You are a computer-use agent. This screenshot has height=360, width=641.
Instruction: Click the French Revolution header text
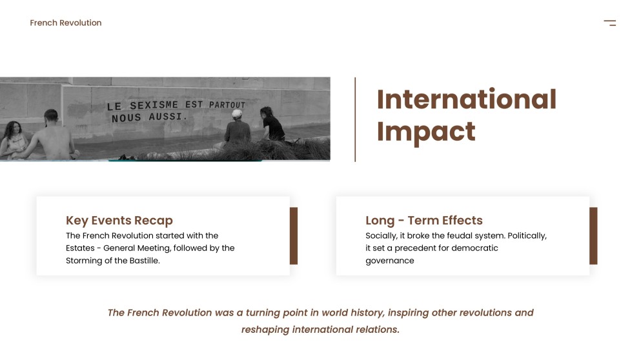tap(66, 23)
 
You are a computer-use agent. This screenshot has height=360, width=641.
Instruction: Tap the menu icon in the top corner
tap(609, 23)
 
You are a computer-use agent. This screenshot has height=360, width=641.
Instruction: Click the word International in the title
tap(466, 99)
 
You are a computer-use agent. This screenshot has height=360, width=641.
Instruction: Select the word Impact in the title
tap(426, 132)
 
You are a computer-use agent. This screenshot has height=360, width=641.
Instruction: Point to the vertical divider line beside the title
tap(355, 119)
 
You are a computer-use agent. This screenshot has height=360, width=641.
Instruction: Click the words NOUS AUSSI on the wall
tap(148, 118)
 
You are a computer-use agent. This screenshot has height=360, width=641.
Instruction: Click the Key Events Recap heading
tap(119, 221)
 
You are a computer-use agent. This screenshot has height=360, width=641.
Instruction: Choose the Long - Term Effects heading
tap(424, 221)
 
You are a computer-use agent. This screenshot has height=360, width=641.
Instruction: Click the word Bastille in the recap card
tap(143, 261)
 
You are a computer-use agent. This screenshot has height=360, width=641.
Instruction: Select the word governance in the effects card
tap(390, 261)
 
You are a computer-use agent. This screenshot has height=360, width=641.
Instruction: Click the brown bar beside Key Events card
tap(294, 235)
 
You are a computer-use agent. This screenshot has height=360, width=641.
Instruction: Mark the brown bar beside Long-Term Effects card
tap(593, 235)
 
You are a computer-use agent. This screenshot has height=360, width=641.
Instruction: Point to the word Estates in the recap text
tap(80, 248)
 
